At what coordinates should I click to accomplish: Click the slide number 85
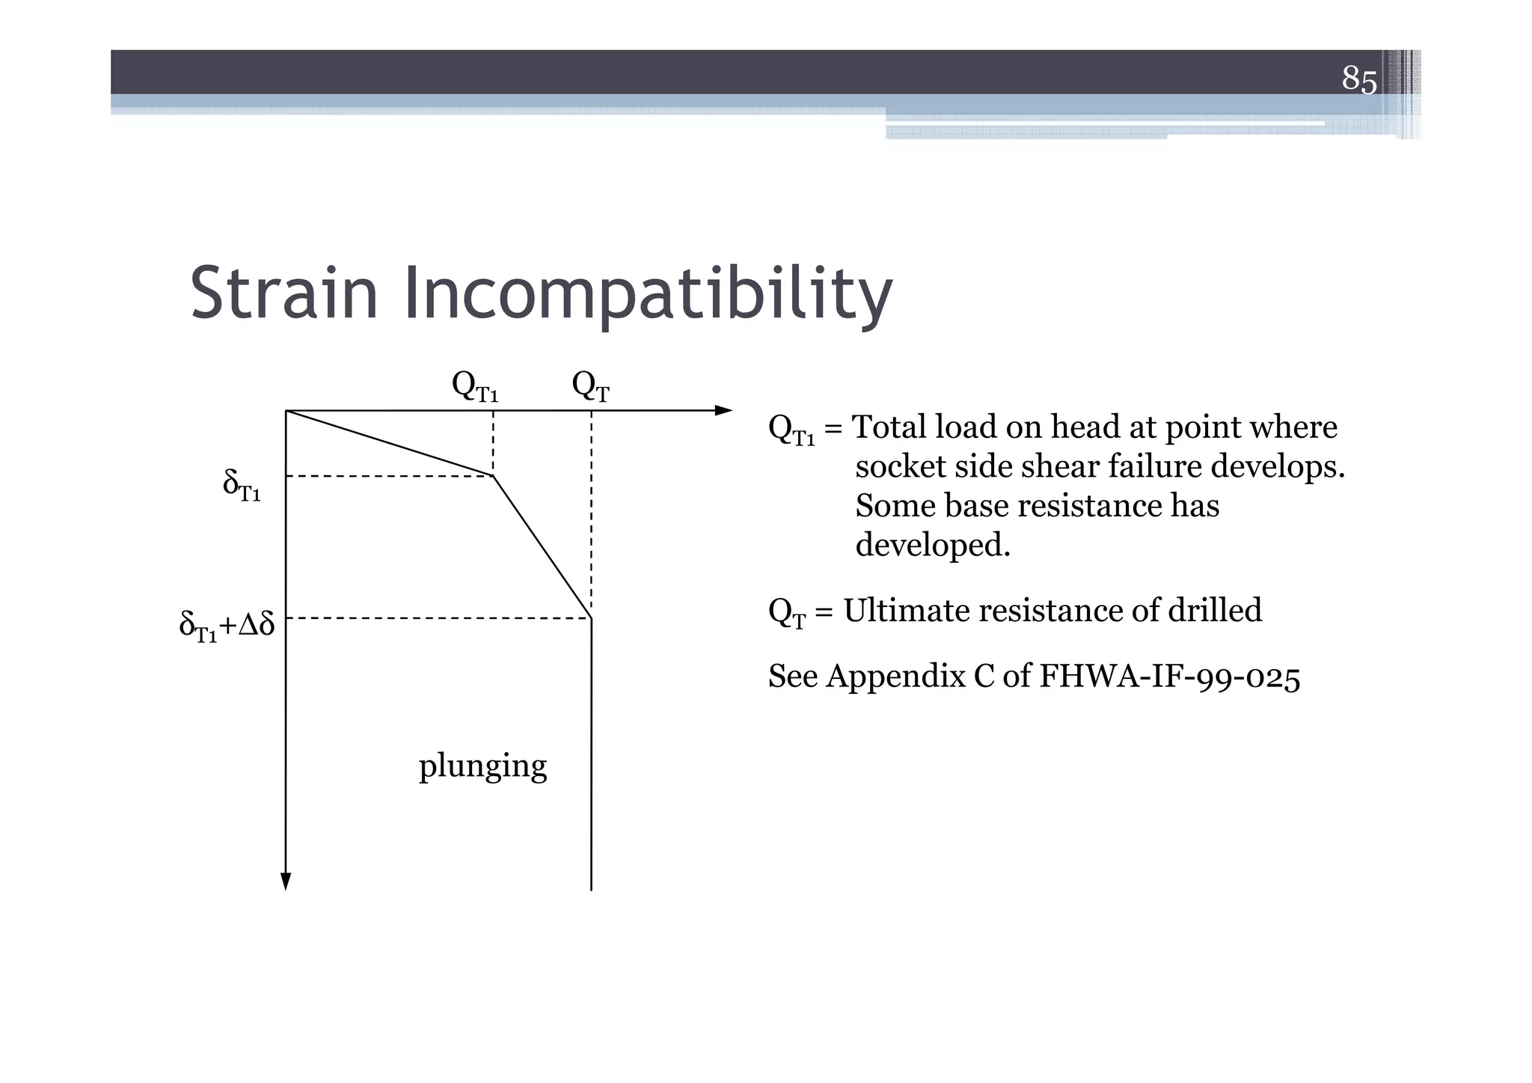pos(1358,78)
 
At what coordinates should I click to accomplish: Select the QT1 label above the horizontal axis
pos(474,386)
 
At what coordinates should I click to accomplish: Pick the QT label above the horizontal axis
pos(590,386)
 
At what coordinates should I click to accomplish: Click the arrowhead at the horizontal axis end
pos(724,410)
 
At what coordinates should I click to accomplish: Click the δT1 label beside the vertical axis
pos(241,485)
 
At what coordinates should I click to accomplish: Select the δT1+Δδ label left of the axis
pos(227,625)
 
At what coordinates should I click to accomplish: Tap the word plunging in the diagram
pos(482,766)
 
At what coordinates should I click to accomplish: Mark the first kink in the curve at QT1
pos(493,475)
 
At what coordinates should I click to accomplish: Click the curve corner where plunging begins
pos(592,618)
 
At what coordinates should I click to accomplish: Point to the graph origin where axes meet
pos(287,411)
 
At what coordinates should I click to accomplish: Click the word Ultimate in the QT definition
pos(905,611)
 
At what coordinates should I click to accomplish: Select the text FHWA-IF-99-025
pos(1170,677)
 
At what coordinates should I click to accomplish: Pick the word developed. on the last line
pos(933,545)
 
